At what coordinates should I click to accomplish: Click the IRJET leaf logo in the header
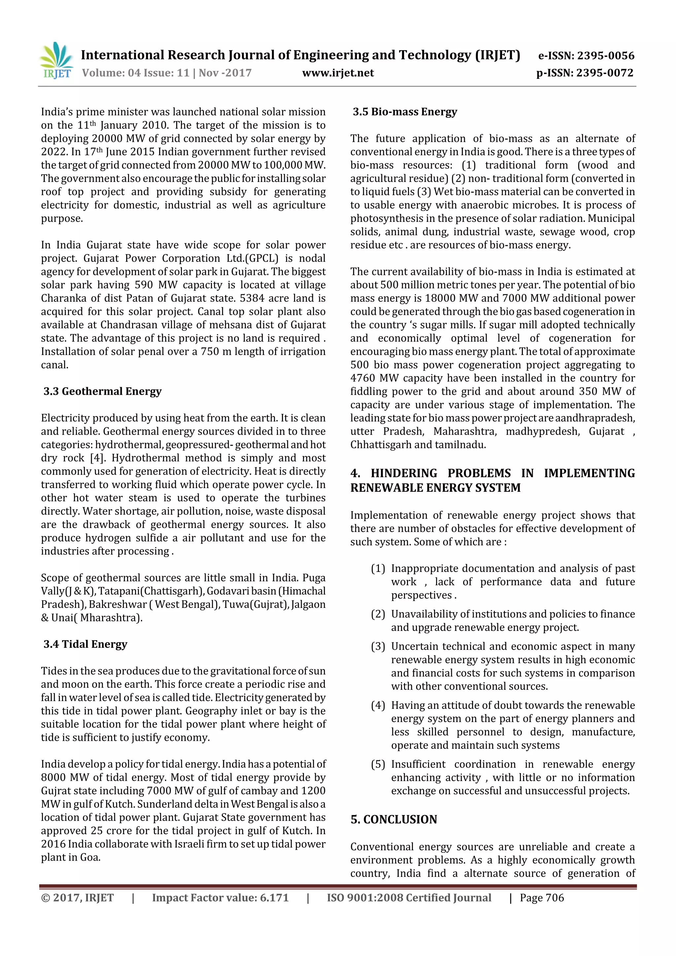(56, 61)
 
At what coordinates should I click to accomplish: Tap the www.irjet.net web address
(338, 73)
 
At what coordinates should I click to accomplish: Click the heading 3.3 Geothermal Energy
(102, 391)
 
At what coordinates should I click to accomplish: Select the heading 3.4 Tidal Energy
(85, 644)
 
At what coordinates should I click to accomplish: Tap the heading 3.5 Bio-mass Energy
(405, 112)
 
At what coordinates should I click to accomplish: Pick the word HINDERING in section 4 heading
(404, 474)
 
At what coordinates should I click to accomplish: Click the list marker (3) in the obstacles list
(378, 647)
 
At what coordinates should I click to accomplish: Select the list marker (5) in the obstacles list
(378, 765)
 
